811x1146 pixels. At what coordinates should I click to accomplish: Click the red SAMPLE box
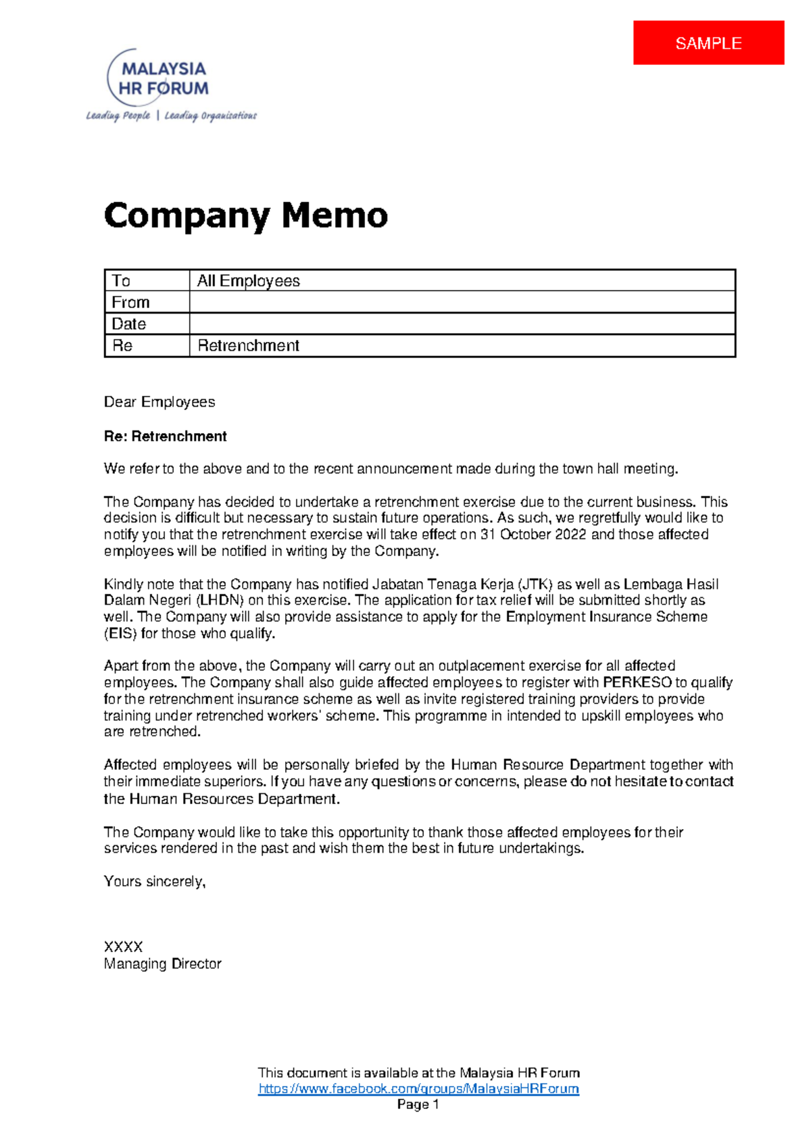coord(708,43)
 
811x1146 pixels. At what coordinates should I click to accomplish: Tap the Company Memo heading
coord(246,216)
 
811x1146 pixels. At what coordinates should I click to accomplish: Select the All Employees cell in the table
coord(249,280)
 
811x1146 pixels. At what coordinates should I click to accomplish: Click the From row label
coord(130,302)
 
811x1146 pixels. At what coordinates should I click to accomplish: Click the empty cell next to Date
coord(462,324)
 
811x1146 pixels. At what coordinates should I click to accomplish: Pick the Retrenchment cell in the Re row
coord(249,345)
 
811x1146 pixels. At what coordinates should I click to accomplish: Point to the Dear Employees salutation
coord(159,402)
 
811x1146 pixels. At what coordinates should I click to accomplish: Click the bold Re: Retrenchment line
coord(166,437)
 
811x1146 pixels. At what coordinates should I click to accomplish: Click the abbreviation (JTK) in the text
coord(535,584)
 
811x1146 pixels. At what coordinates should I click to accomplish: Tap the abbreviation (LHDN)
coord(220,600)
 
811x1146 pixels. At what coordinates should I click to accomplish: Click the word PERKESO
coord(637,682)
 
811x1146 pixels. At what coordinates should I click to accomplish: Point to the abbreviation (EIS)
coord(120,634)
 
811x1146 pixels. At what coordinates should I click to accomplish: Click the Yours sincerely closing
coord(155,882)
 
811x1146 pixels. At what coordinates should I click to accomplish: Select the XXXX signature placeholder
coord(123,947)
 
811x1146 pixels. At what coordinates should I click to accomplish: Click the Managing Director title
coord(163,964)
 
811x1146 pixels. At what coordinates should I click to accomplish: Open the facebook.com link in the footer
coord(418,1089)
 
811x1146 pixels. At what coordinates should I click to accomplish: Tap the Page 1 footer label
coord(418,1105)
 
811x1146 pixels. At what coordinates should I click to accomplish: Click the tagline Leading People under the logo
coord(118,116)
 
